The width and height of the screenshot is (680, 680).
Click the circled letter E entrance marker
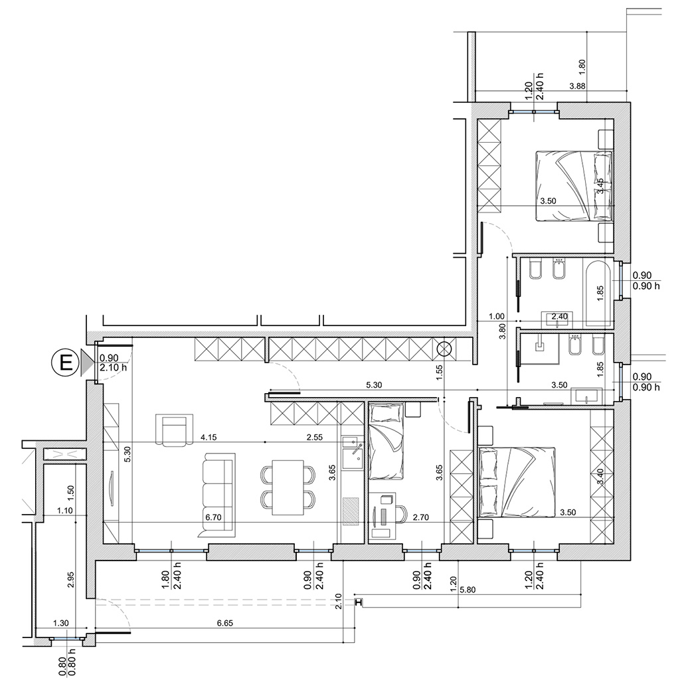point(66,362)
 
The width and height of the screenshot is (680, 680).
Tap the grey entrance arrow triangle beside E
point(86,363)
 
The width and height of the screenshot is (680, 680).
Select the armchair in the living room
point(174,430)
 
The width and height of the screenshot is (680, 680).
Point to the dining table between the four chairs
point(288,487)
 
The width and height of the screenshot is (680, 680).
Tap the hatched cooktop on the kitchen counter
point(351,511)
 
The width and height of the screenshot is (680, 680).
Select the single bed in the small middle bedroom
point(386,441)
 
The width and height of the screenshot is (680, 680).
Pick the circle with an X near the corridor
point(444,348)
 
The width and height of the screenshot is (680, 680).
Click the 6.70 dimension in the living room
point(213,517)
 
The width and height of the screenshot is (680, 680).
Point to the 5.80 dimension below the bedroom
point(468,590)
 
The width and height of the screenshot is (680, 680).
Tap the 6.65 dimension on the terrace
point(224,623)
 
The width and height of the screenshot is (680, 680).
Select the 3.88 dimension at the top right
point(577,86)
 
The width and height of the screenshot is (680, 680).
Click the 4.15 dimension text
point(209,437)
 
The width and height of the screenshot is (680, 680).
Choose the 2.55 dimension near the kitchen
point(314,437)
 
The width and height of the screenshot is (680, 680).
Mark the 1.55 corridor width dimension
point(439,373)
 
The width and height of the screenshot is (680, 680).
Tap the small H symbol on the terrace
point(358,602)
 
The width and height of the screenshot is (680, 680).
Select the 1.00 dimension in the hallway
point(497,316)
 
